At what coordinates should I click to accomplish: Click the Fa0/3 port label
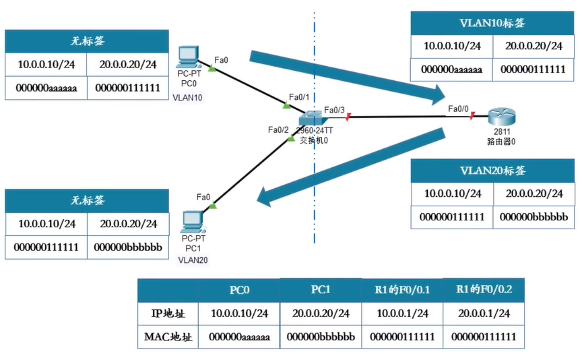[x=334, y=109]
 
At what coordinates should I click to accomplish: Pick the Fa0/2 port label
[x=278, y=129]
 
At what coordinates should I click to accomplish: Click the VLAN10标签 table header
[x=492, y=23]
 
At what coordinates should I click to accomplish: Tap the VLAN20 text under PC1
[x=194, y=259]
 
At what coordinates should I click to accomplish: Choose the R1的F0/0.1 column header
[x=402, y=291]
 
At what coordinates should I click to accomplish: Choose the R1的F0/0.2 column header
[x=484, y=291]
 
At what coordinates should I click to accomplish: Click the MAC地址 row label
[x=168, y=336]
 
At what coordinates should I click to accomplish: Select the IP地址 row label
[x=168, y=313]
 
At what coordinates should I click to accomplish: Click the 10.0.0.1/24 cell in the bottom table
[x=402, y=313]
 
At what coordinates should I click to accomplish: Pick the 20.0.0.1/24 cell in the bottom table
[x=484, y=313]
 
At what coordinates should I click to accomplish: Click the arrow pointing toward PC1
[x=350, y=165]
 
